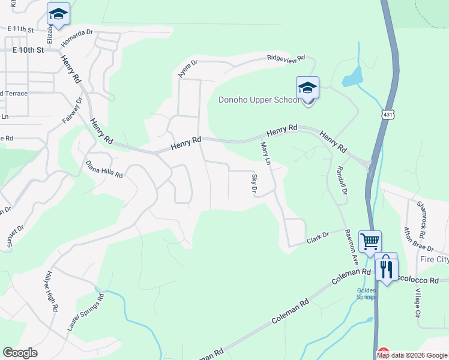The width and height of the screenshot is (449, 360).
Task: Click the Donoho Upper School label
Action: coord(258,100)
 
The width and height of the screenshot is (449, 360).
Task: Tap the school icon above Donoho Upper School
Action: coord(307,88)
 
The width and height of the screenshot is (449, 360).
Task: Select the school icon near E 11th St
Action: coord(58,14)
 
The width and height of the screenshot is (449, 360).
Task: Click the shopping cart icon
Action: coord(370,241)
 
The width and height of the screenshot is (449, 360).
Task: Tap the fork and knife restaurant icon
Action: coord(387,268)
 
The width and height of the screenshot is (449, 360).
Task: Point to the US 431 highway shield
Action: coord(386,113)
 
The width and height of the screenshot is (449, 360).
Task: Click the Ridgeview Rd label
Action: coord(286,58)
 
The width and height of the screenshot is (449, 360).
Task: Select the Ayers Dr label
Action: coord(187,68)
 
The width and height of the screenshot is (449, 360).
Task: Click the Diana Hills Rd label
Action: coord(104,170)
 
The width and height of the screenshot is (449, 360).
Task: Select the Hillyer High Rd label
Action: coord(50,290)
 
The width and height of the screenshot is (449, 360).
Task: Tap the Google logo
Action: coord(20,353)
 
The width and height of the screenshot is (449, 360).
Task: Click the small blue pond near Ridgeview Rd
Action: coord(354,76)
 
